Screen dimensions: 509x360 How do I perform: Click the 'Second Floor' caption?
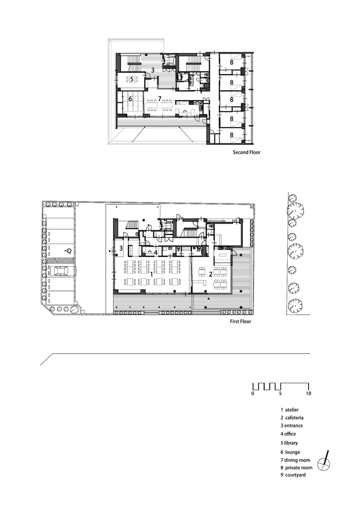(246, 152)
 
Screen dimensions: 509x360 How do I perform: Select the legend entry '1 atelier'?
(289, 409)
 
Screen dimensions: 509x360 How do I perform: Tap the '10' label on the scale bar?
(309, 394)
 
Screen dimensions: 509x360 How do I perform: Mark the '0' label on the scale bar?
(253, 394)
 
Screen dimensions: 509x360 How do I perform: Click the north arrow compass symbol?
(324, 462)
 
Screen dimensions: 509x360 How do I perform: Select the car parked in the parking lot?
(60, 270)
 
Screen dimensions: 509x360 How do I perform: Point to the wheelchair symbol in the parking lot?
(68, 251)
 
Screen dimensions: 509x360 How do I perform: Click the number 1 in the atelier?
(152, 274)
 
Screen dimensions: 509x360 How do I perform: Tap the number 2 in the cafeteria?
(211, 274)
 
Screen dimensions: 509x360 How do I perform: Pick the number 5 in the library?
(131, 79)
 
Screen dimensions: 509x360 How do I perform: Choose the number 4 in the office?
(155, 251)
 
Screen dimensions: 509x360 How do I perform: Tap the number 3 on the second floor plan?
(152, 70)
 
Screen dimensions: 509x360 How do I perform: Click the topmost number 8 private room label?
(232, 62)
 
